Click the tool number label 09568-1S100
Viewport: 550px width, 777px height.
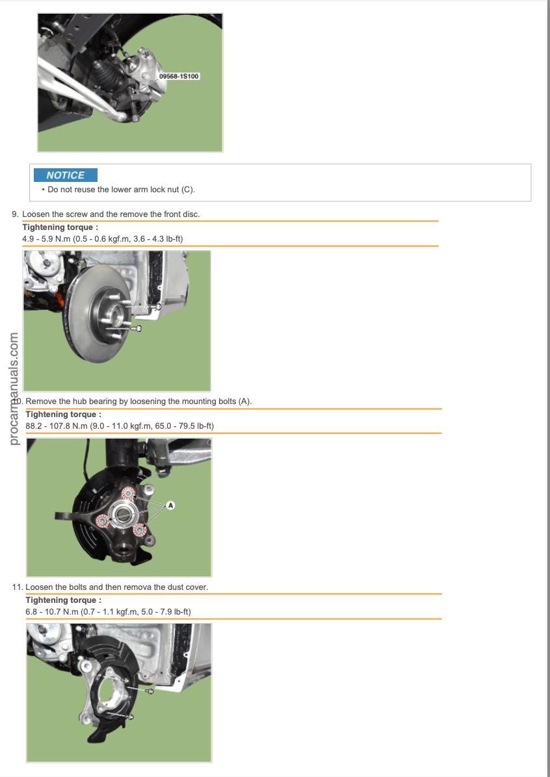click(x=179, y=76)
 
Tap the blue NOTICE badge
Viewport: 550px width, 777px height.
click(x=66, y=175)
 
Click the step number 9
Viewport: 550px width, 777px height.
click(x=15, y=214)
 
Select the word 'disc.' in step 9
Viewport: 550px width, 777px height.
click(x=190, y=214)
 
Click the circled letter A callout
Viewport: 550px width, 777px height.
click(x=170, y=505)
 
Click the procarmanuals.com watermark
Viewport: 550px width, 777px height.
click(x=14, y=388)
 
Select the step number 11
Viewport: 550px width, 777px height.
click(x=18, y=587)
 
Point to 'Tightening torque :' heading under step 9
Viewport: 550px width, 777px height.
click(x=60, y=227)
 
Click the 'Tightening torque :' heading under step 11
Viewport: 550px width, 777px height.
click(x=64, y=600)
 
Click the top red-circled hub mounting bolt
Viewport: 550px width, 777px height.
click(x=128, y=493)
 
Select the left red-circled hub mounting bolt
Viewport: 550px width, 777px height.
click(x=103, y=521)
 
